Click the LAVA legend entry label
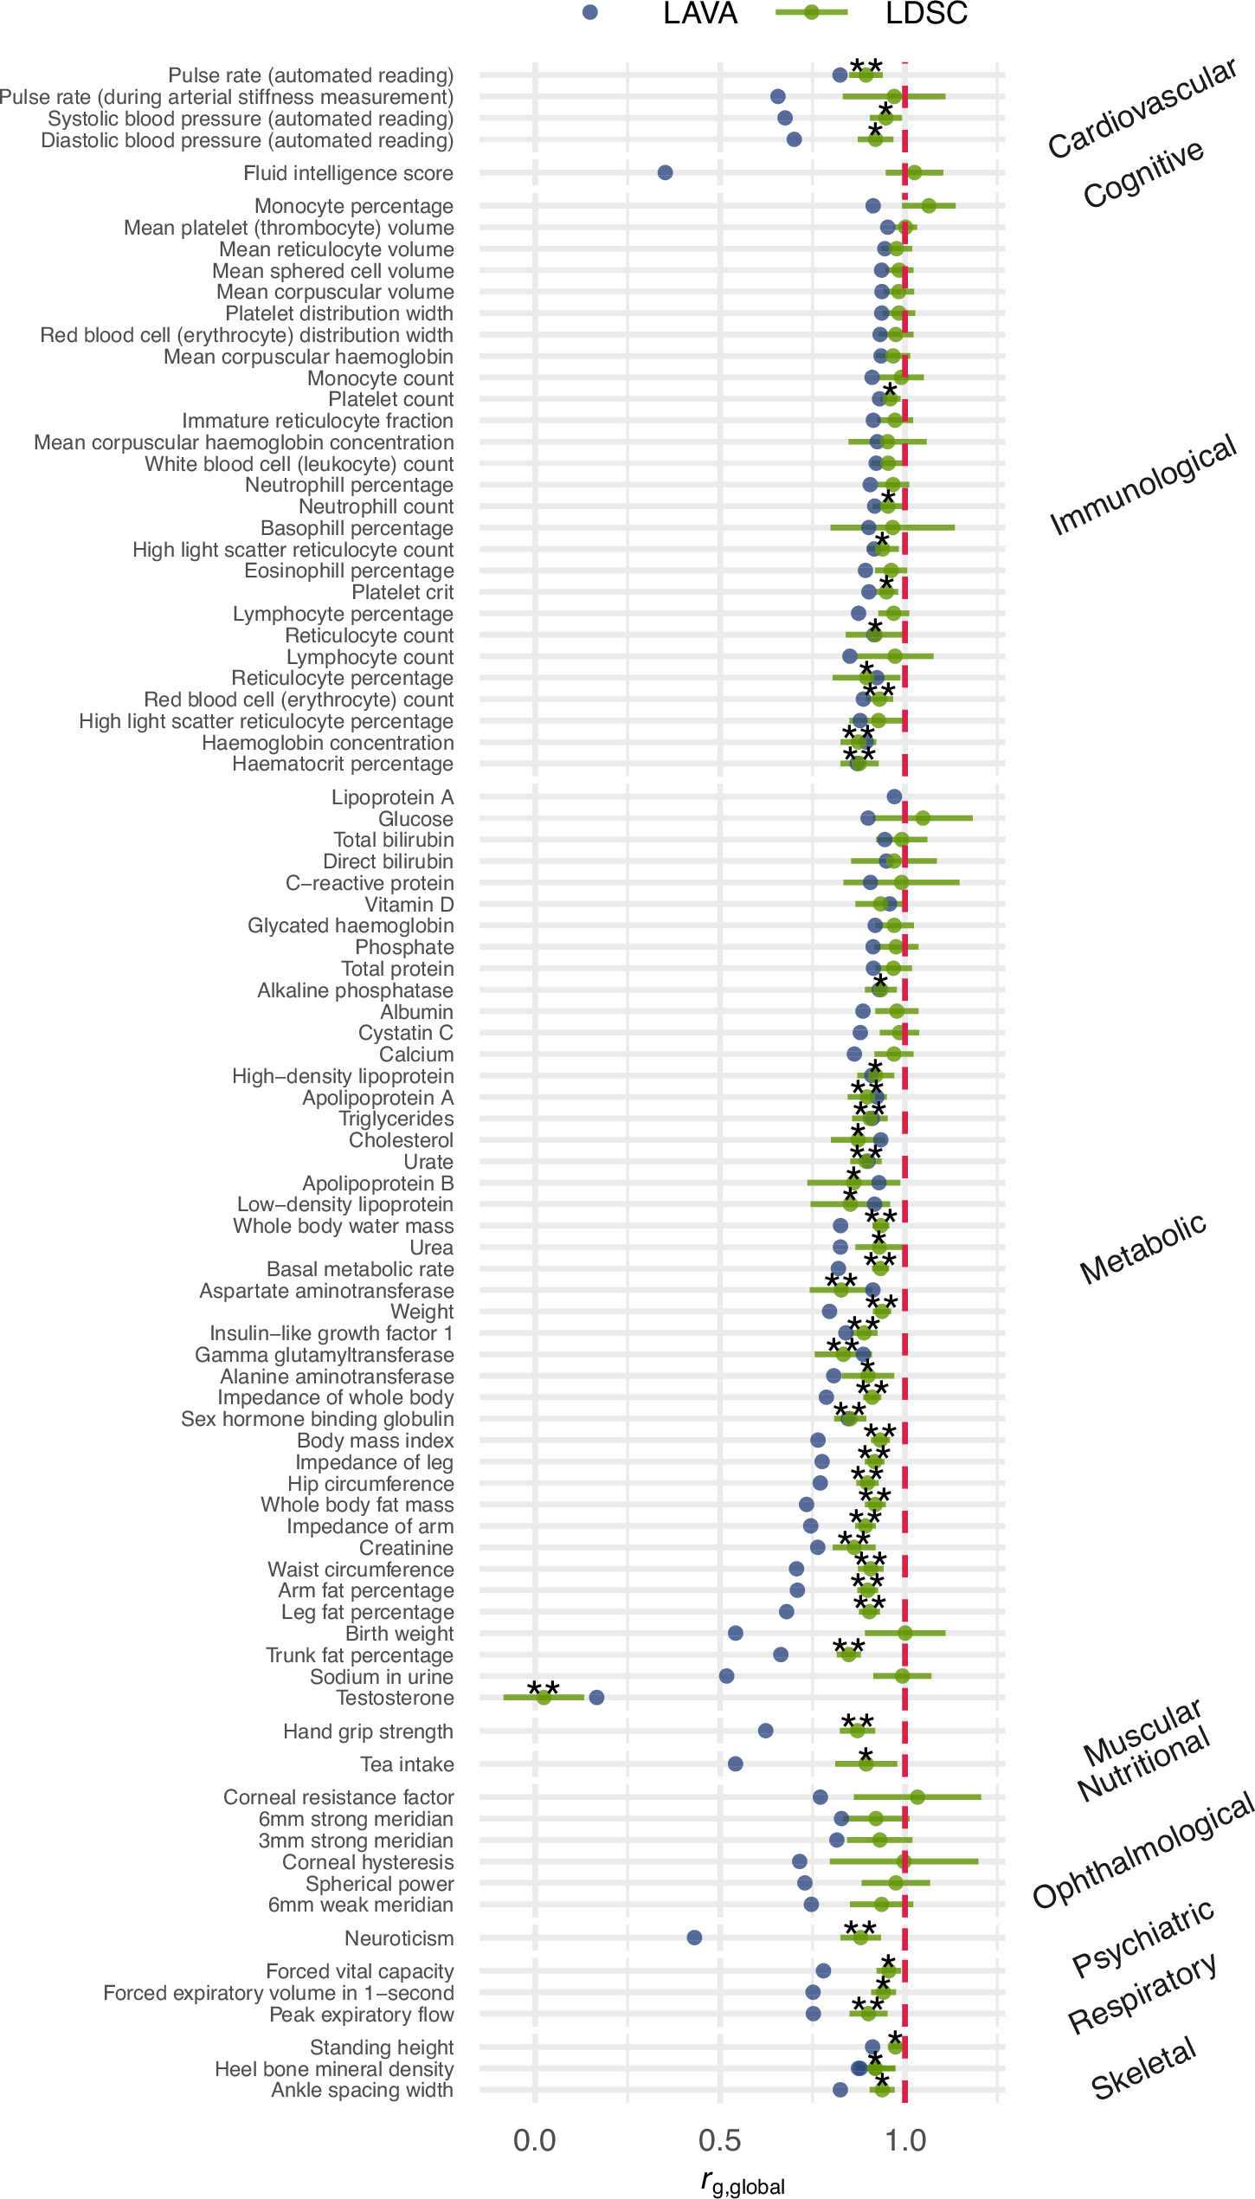click(x=699, y=14)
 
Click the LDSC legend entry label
click(x=925, y=14)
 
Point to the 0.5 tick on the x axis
click(x=719, y=2140)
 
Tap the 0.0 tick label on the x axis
click(x=534, y=2140)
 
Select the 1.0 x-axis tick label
click(x=904, y=2140)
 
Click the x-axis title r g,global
click(x=743, y=2183)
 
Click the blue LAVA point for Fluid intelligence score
click(x=665, y=172)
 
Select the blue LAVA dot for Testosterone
click(x=596, y=1697)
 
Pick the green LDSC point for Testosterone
click(x=544, y=1697)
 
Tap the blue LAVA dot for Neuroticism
click(x=694, y=1937)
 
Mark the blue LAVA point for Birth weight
click(x=735, y=1633)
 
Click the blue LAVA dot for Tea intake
click(x=735, y=1764)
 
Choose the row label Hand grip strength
click(x=368, y=1731)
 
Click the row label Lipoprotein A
click(x=392, y=796)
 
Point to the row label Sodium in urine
click(x=381, y=1676)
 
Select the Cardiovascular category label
click(x=1142, y=108)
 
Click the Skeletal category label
click(x=1142, y=2068)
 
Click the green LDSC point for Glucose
click(x=923, y=818)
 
